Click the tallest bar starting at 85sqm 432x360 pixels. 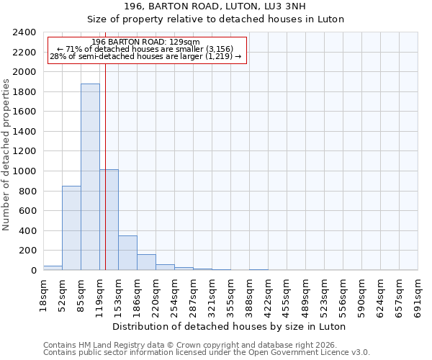pyautogui.click(x=90, y=176)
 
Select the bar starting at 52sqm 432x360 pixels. pyautogui.click(x=71, y=228)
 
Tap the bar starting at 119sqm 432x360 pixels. pyautogui.click(x=109, y=220)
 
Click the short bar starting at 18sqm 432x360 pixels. pyautogui.click(x=53, y=268)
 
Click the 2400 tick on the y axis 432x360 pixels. pyautogui.click(x=24, y=32)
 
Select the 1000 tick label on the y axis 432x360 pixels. pyautogui.click(x=24, y=171)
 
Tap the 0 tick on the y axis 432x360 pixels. pyautogui.click(x=33, y=271)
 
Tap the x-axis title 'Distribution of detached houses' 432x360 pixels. pyautogui.click(x=230, y=326)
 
